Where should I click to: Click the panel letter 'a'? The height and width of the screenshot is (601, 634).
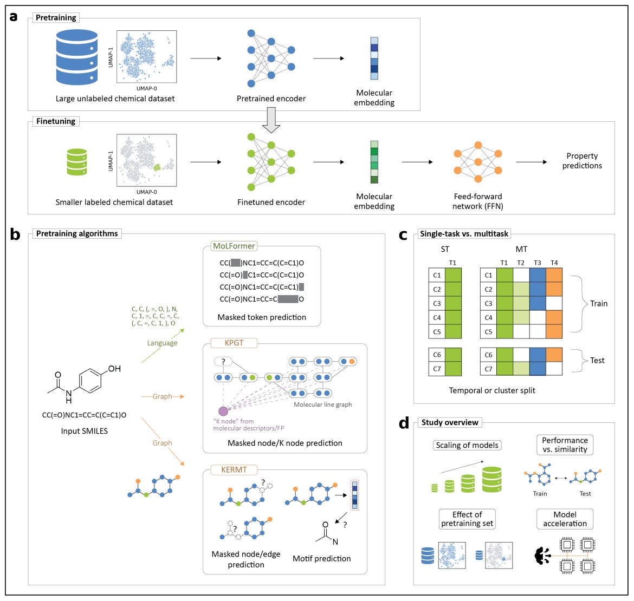(x=13, y=16)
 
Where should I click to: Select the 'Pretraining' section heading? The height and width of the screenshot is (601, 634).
(x=56, y=18)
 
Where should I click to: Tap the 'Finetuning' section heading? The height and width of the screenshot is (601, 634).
(x=56, y=121)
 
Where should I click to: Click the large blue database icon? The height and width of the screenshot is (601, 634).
(x=77, y=57)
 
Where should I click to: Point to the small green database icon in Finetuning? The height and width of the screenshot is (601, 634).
(x=76, y=162)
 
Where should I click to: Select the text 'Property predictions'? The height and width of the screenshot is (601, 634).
(x=582, y=161)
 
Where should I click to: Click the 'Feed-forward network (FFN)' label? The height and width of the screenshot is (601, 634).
(x=478, y=201)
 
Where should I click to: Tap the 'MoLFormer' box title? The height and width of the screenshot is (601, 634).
(x=234, y=246)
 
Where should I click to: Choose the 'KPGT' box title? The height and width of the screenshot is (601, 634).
(x=234, y=343)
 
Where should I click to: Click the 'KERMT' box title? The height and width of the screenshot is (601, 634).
(x=234, y=469)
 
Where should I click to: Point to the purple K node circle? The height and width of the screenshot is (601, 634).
(x=223, y=411)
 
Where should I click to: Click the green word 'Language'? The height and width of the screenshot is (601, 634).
(x=162, y=343)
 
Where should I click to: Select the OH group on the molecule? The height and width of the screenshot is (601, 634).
(x=114, y=369)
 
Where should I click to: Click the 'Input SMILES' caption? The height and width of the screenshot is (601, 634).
(x=85, y=431)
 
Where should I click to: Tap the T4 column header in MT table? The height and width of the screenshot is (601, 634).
(x=554, y=263)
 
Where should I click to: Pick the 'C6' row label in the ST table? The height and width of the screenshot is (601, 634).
(x=436, y=355)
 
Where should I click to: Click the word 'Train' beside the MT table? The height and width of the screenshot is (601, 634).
(x=599, y=304)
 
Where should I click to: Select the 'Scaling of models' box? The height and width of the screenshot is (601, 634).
(x=467, y=445)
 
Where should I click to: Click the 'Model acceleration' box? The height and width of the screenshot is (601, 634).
(x=565, y=519)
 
